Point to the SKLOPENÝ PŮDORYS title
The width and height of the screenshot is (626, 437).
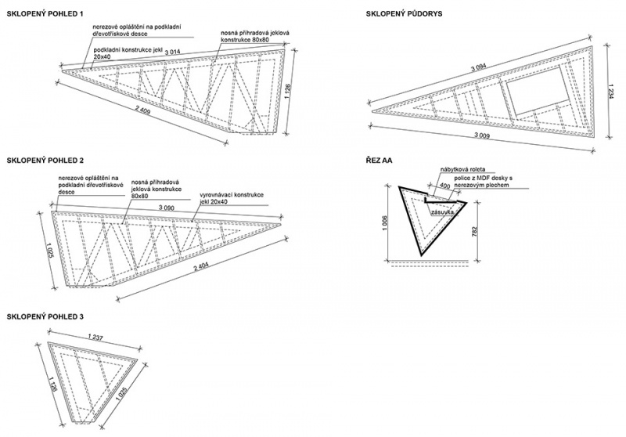pos(408,13)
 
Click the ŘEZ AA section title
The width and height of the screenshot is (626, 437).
pos(379,160)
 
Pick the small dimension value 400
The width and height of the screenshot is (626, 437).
pos(445,186)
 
